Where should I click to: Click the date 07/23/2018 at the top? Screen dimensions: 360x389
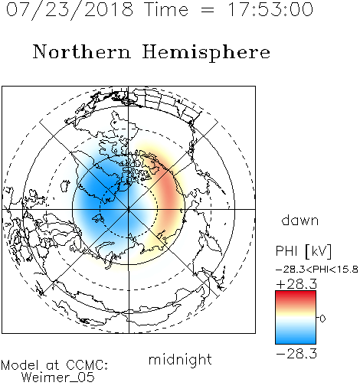coord(70,10)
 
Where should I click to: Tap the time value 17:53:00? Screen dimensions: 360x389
coord(270,9)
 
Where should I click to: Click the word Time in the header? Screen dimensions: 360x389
coord(166,9)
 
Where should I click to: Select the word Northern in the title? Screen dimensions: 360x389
coord(82,51)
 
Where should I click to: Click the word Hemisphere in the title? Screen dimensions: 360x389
coord(206,53)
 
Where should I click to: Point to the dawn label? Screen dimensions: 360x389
coord(300,220)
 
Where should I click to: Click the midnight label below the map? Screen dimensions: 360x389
coord(180,360)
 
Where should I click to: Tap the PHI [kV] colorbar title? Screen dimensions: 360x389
coord(303,251)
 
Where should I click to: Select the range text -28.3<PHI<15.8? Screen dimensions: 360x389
coord(316,270)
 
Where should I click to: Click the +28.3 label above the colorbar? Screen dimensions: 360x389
coord(296,284)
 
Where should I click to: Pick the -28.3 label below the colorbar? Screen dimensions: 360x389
coord(296,354)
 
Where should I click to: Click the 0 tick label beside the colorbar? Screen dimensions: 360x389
coord(322,319)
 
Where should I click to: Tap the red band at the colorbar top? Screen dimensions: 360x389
coord(296,295)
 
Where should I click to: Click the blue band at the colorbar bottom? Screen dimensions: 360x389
coord(296,338)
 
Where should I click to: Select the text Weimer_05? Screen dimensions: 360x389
coord(58,378)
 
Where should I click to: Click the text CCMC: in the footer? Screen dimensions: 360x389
coord(87,365)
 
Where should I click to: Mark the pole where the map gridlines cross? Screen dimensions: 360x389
coord(129,210)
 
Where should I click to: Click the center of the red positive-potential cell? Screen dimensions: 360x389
coord(169,198)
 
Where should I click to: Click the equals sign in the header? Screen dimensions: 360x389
coord(208,10)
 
